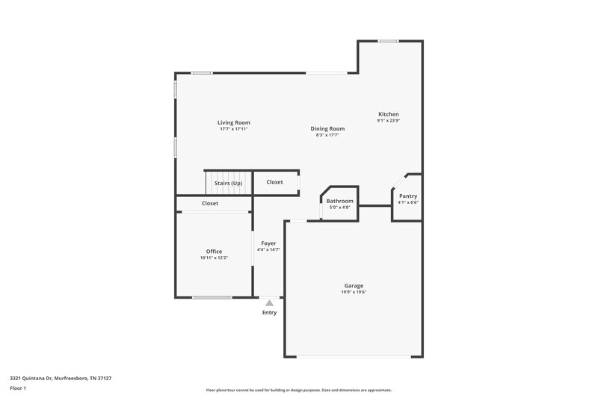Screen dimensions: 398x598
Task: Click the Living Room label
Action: tap(233, 122)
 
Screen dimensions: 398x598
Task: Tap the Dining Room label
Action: tap(327, 128)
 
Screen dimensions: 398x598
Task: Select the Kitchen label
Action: tap(388, 114)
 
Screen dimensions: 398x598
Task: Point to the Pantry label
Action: tap(407, 196)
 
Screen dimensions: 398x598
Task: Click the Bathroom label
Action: tap(339, 201)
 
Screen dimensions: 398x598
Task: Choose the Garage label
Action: tap(354, 285)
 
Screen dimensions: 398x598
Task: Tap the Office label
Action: tap(214, 251)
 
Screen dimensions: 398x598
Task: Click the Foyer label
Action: tap(268, 243)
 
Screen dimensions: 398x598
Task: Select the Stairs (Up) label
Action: tap(228, 183)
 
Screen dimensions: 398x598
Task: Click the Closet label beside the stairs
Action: tap(274, 181)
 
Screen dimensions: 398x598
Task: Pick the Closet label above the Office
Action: tap(210, 203)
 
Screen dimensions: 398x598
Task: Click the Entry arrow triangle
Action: tap(269, 302)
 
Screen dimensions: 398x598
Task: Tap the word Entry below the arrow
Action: tap(269, 312)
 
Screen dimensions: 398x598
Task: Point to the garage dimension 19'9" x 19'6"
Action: tap(354, 292)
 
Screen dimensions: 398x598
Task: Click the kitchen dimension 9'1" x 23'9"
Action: tap(388, 121)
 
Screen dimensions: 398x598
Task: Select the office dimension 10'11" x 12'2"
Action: tap(214, 258)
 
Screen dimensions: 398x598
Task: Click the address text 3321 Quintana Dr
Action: tap(61, 378)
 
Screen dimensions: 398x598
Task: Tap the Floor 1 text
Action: tap(19, 388)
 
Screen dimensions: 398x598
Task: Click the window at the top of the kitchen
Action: tap(387, 41)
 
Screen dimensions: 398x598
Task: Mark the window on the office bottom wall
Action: tap(212, 297)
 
